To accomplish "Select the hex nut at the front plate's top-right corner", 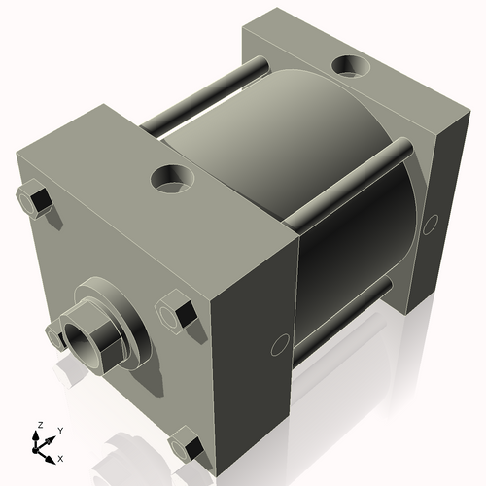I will [177, 313].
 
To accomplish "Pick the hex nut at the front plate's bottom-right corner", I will [188, 447].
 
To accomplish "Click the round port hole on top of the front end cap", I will [173, 179].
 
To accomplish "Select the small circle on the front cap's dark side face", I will [280, 343].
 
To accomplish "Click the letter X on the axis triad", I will [61, 457].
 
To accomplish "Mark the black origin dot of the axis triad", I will [39, 446].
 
